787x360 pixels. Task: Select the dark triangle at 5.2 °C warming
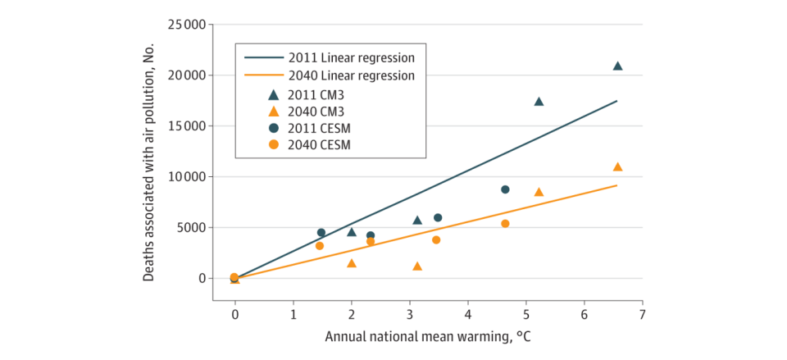[539, 102]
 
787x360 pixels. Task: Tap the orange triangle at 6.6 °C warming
[617, 166]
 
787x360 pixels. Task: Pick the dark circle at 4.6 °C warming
[505, 189]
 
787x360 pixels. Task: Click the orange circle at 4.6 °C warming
[505, 224]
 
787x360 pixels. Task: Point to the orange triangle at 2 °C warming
[352, 263]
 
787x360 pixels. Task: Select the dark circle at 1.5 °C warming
[321, 233]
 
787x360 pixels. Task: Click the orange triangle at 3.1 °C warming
[417, 267]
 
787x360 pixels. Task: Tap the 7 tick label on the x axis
[643, 315]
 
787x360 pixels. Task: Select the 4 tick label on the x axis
[468, 315]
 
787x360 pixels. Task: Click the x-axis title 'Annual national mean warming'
[434, 337]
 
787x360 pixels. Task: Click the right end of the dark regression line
[617, 101]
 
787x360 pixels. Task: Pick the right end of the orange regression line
[617, 185]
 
